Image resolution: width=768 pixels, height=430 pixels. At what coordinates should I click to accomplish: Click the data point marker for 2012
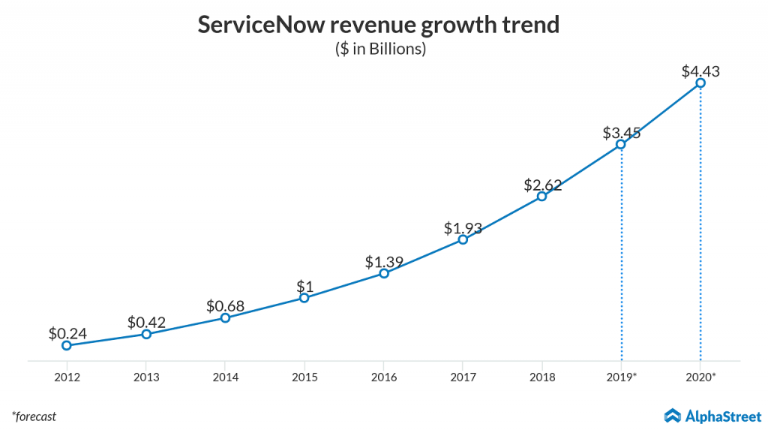[x=67, y=345]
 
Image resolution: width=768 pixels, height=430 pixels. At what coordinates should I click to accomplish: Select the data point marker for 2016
[x=383, y=274]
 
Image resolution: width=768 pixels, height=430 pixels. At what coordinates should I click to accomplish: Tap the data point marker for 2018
[x=541, y=197]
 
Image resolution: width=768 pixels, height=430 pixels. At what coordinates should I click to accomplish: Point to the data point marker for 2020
[x=700, y=83]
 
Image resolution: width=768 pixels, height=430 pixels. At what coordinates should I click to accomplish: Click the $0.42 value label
[x=146, y=323]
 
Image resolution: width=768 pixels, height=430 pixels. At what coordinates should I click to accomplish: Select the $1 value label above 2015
[x=304, y=287]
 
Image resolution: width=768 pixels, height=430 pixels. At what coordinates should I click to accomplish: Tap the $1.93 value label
[x=463, y=228]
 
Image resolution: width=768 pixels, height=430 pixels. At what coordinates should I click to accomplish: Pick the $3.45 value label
[x=621, y=133]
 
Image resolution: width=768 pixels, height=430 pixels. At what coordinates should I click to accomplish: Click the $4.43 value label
[x=700, y=72]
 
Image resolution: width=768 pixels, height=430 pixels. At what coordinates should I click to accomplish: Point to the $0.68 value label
[x=225, y=306]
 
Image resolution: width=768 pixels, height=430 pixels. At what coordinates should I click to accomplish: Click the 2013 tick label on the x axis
[x=146, y=377]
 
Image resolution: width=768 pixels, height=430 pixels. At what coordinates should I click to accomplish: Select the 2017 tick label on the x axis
[x=463, y=377]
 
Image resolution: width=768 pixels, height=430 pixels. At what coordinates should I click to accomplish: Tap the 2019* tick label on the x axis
[x=622, y=377]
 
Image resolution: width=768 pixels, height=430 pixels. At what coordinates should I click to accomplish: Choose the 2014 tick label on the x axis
[x=225, y=377]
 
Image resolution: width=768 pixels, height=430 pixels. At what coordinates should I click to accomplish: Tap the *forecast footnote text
[x=34, y=416]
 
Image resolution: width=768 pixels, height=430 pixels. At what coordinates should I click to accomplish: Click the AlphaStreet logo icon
[x=673, y=415]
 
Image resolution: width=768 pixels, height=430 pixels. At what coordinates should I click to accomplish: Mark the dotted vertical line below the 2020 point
[x=700, y=225]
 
